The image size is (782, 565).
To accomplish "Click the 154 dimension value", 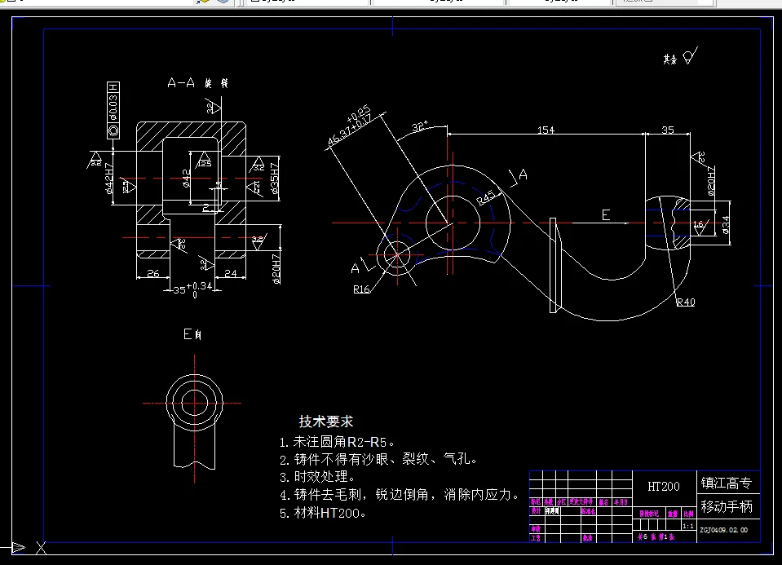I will pos(546,130).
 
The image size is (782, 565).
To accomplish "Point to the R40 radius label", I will pos(685,302).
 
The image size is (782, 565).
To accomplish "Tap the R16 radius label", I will pos(362,288).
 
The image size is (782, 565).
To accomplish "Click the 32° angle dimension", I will pos(419,128).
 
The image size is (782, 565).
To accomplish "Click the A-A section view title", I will pos(182,83).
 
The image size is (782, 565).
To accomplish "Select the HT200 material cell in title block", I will pos(663,487).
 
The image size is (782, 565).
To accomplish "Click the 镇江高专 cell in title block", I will pos(727,483).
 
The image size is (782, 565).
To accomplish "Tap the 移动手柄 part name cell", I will pos(727,506).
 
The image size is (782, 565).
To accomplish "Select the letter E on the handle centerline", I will pos(606,214).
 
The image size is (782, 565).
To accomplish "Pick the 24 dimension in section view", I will pos(230,274).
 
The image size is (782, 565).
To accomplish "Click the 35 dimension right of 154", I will pos(668,130).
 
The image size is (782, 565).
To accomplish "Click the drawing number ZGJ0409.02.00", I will pos(723,530).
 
